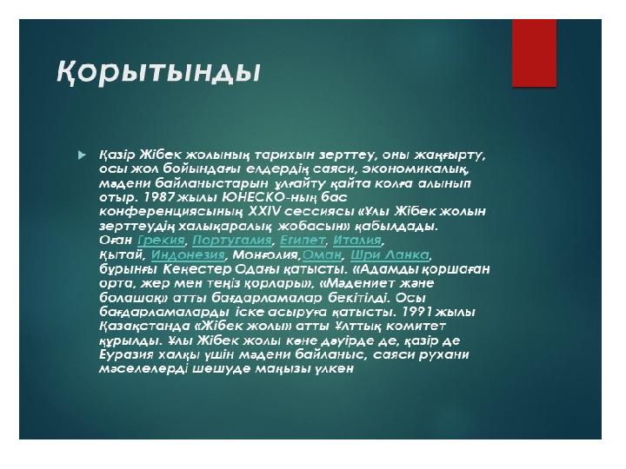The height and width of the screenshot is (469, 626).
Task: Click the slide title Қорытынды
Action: (x=158, y=73)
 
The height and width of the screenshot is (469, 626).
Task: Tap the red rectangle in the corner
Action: (x=534, y=53)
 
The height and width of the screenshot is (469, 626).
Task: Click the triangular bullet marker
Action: (x=83, y=155)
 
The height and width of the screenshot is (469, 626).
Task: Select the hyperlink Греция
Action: (x=161, y=240)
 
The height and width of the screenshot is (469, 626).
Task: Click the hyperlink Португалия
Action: (x=231, y=240)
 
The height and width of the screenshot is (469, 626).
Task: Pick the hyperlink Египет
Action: (x=303, y=240)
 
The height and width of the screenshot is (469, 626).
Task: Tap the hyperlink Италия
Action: (x=357, y=240)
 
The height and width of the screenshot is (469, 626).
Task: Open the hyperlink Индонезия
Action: (x=188, y=254)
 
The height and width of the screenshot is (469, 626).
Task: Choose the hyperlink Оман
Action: (x=322, y=254)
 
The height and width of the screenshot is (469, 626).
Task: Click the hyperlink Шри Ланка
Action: (x=390, y=254)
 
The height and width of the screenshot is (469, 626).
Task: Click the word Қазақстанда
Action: (x=144, y=327)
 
